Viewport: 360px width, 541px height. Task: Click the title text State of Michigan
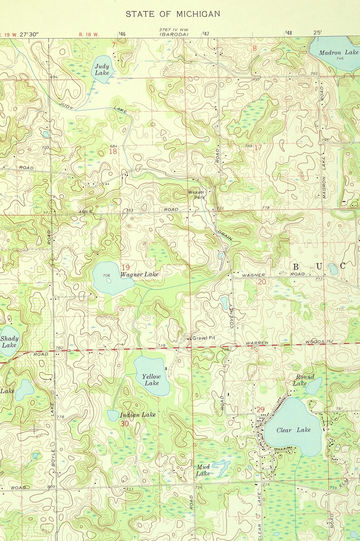(x=173, y=14)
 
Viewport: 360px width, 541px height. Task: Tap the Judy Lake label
(x=102, y=69)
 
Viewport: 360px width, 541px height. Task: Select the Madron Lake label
(x=339, y=53)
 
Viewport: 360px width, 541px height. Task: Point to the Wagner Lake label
(x=139, y=275)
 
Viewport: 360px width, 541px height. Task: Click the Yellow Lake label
(x=151, y=380)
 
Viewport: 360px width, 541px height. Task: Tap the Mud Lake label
(x=203, y=470)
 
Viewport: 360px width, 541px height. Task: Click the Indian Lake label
(x=137, y=415)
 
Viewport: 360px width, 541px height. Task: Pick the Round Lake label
(x=301, y=380)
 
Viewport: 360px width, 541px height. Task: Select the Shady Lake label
(x=9, y=342)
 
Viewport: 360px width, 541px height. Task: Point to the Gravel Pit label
(x=202, y=338)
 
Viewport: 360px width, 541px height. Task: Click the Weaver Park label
(x=197, y=195)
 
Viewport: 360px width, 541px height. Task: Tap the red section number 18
(x=112, y=151)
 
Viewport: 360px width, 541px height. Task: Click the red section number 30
(x=125, y=423)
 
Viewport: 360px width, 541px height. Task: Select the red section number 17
(x=258, y=148)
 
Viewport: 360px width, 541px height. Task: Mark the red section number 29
(x=260, y=410)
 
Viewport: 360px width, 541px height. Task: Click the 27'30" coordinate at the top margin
(x=29, y=34)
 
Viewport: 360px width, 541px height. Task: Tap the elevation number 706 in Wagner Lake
(x=107, y=275)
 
